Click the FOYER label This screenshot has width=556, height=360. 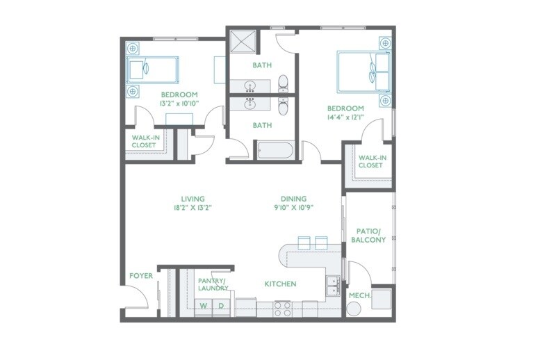(140, 276)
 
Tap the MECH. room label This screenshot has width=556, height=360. (359, 295)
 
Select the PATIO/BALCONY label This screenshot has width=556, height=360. (368, 235)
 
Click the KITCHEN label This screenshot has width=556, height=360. (280, 284)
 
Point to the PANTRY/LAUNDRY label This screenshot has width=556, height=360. (213, 284)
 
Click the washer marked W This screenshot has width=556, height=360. (204, 306)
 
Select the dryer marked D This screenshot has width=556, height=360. (222, 306)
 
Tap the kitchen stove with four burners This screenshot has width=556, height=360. (282, 308)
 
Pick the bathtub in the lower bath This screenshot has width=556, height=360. (276, 149)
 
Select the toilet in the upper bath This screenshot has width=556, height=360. (283, 85)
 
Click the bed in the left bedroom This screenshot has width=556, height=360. (152, 69)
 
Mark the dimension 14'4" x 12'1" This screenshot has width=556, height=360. (345, 118)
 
